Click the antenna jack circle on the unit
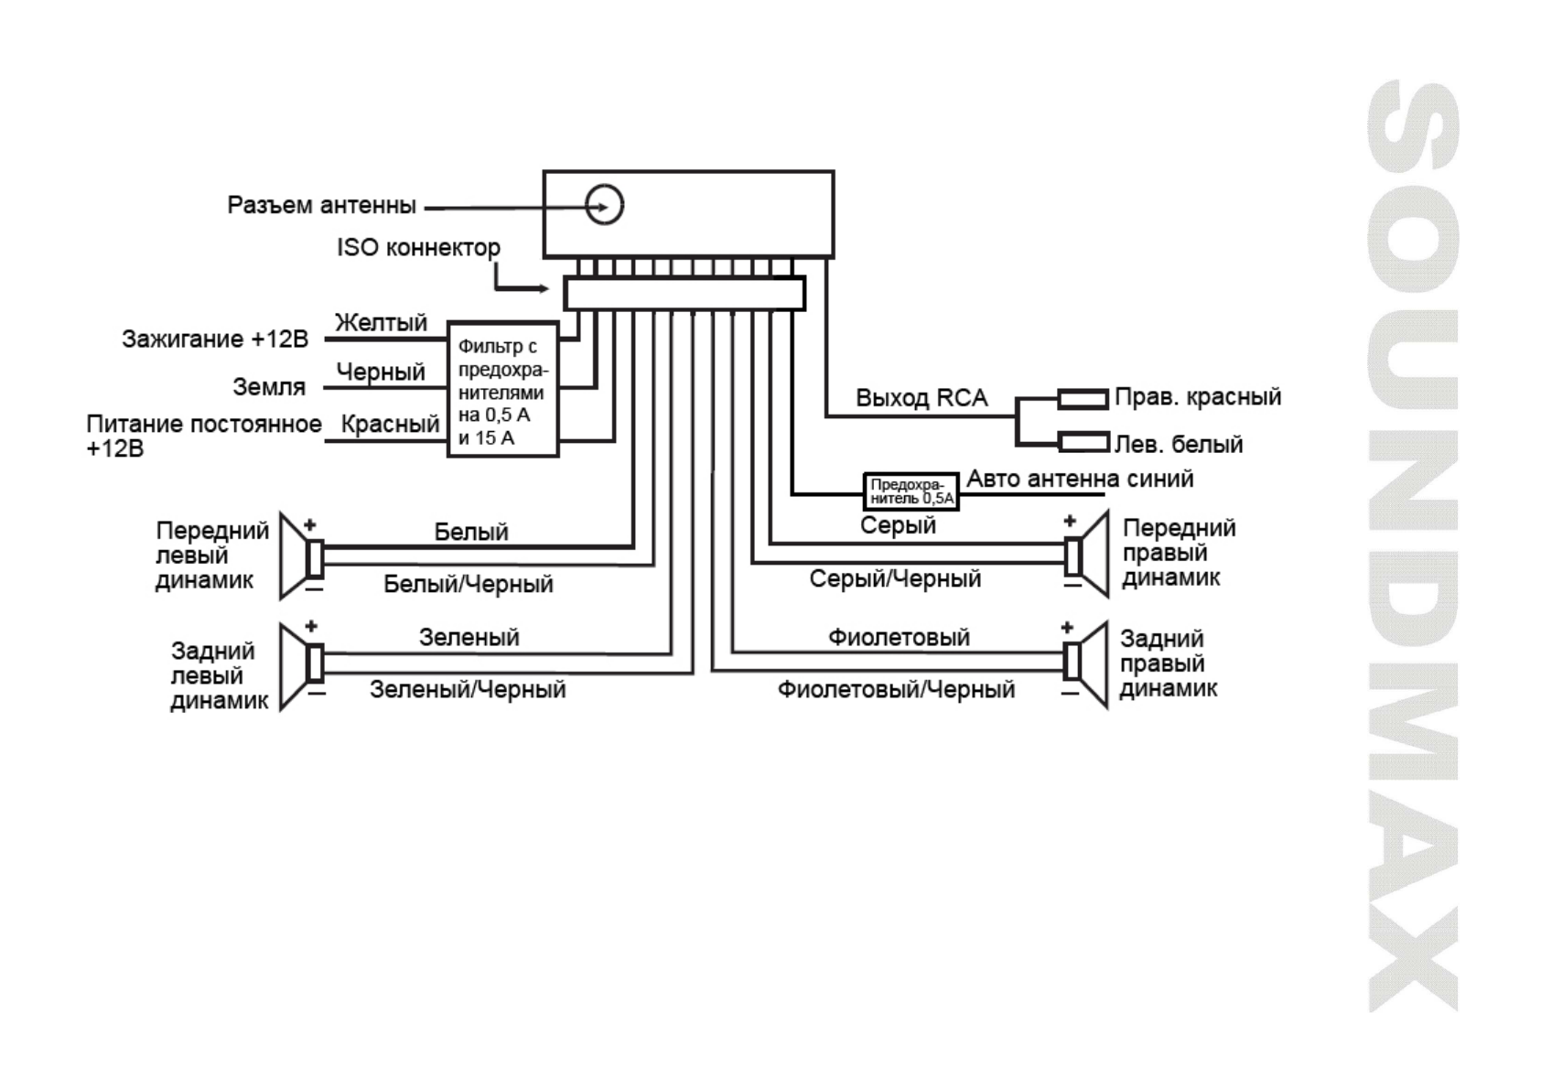tap(604, 204)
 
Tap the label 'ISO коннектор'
tap(418, 248)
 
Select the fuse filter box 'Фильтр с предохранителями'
tap(502, 390)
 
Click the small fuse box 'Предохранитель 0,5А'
tap(911, 491)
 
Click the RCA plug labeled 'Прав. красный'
tap(1083, 399)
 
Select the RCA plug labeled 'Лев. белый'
tap(1083, 443)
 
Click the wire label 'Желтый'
tap(381, 323)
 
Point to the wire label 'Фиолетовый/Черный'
tap(896, 690)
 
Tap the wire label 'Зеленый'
tap(469, 638)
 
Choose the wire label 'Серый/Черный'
tap(895, 579)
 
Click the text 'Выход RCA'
tap(921, 398)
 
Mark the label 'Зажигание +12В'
tap(215, 340)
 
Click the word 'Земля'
tap(269, 387)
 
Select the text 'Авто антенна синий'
tap(1080, 479)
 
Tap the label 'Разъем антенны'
tap(321, 205)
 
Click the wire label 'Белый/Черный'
tap(468, 585)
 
